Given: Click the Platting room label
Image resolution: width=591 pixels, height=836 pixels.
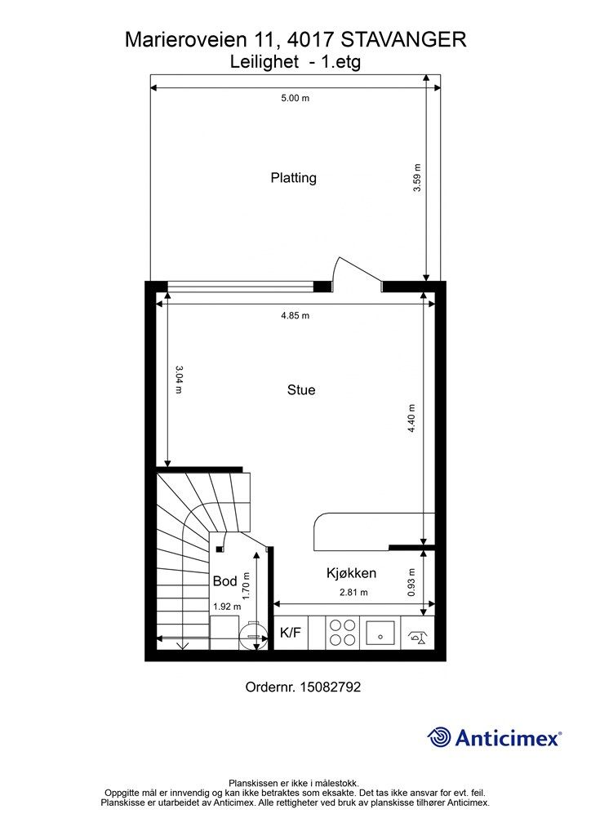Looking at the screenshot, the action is tap(294, 178).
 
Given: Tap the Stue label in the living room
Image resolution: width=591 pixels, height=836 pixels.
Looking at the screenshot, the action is tap(301, 389).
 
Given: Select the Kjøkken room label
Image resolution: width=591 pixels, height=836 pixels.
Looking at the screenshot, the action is tap(351, 573).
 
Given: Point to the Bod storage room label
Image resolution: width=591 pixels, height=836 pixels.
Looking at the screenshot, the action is tap(224, 581).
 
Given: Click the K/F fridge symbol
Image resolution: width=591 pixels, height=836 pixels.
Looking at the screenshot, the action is tap(291, 633).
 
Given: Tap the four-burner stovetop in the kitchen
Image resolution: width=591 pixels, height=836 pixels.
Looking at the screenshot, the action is tap(342, 633).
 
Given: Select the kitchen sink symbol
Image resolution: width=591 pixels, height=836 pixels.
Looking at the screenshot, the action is tap(380, 633).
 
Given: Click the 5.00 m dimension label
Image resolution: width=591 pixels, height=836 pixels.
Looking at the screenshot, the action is tap(295, 98).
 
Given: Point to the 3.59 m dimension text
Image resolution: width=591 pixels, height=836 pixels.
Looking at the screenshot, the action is tap(417, 177).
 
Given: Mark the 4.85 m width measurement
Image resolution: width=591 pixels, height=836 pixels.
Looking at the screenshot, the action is tap(295, 316).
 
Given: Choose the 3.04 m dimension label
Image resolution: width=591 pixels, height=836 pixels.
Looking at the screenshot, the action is tap(179, 379).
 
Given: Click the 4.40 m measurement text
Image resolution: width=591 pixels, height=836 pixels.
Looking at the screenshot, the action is tap(411, 419).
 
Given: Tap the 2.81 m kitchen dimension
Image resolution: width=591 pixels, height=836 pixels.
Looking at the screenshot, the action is tap(353, 593).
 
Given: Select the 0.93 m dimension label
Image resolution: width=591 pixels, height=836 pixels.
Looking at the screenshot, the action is tap(411, 582).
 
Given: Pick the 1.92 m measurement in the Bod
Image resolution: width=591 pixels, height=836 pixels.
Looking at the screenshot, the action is tap(227, 607).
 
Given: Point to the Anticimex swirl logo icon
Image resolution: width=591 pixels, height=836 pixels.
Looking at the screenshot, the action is tap(439, 738).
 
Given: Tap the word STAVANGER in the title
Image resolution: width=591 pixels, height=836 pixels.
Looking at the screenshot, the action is tap(403, 40).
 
